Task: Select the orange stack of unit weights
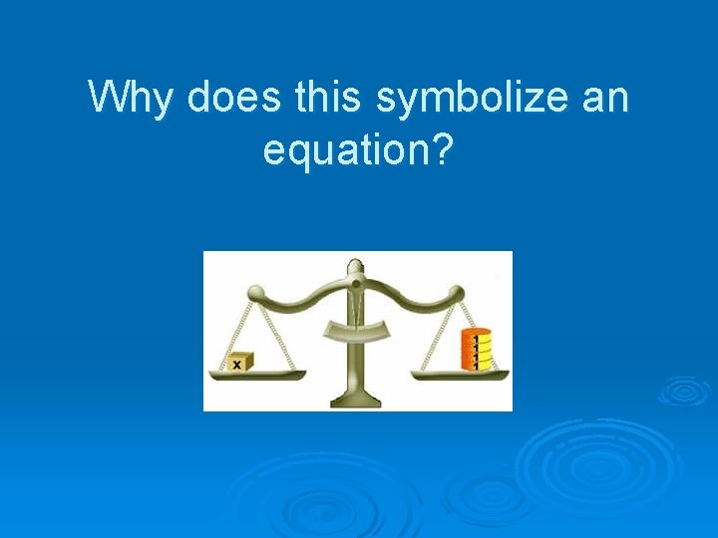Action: click(476, 350)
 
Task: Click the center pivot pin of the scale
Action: click(356, 284)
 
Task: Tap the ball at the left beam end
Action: click(256, 293)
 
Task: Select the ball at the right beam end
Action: click(458, 293)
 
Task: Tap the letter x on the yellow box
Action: click(237, 365)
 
